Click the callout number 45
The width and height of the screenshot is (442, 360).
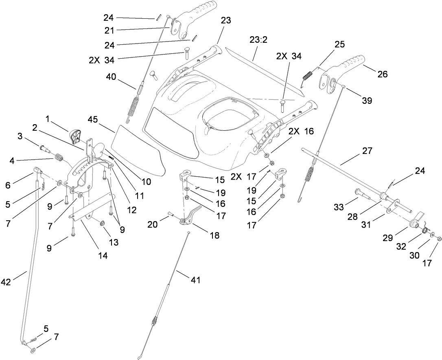click(93, 119)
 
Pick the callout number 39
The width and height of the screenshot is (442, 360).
click(367, 101)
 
